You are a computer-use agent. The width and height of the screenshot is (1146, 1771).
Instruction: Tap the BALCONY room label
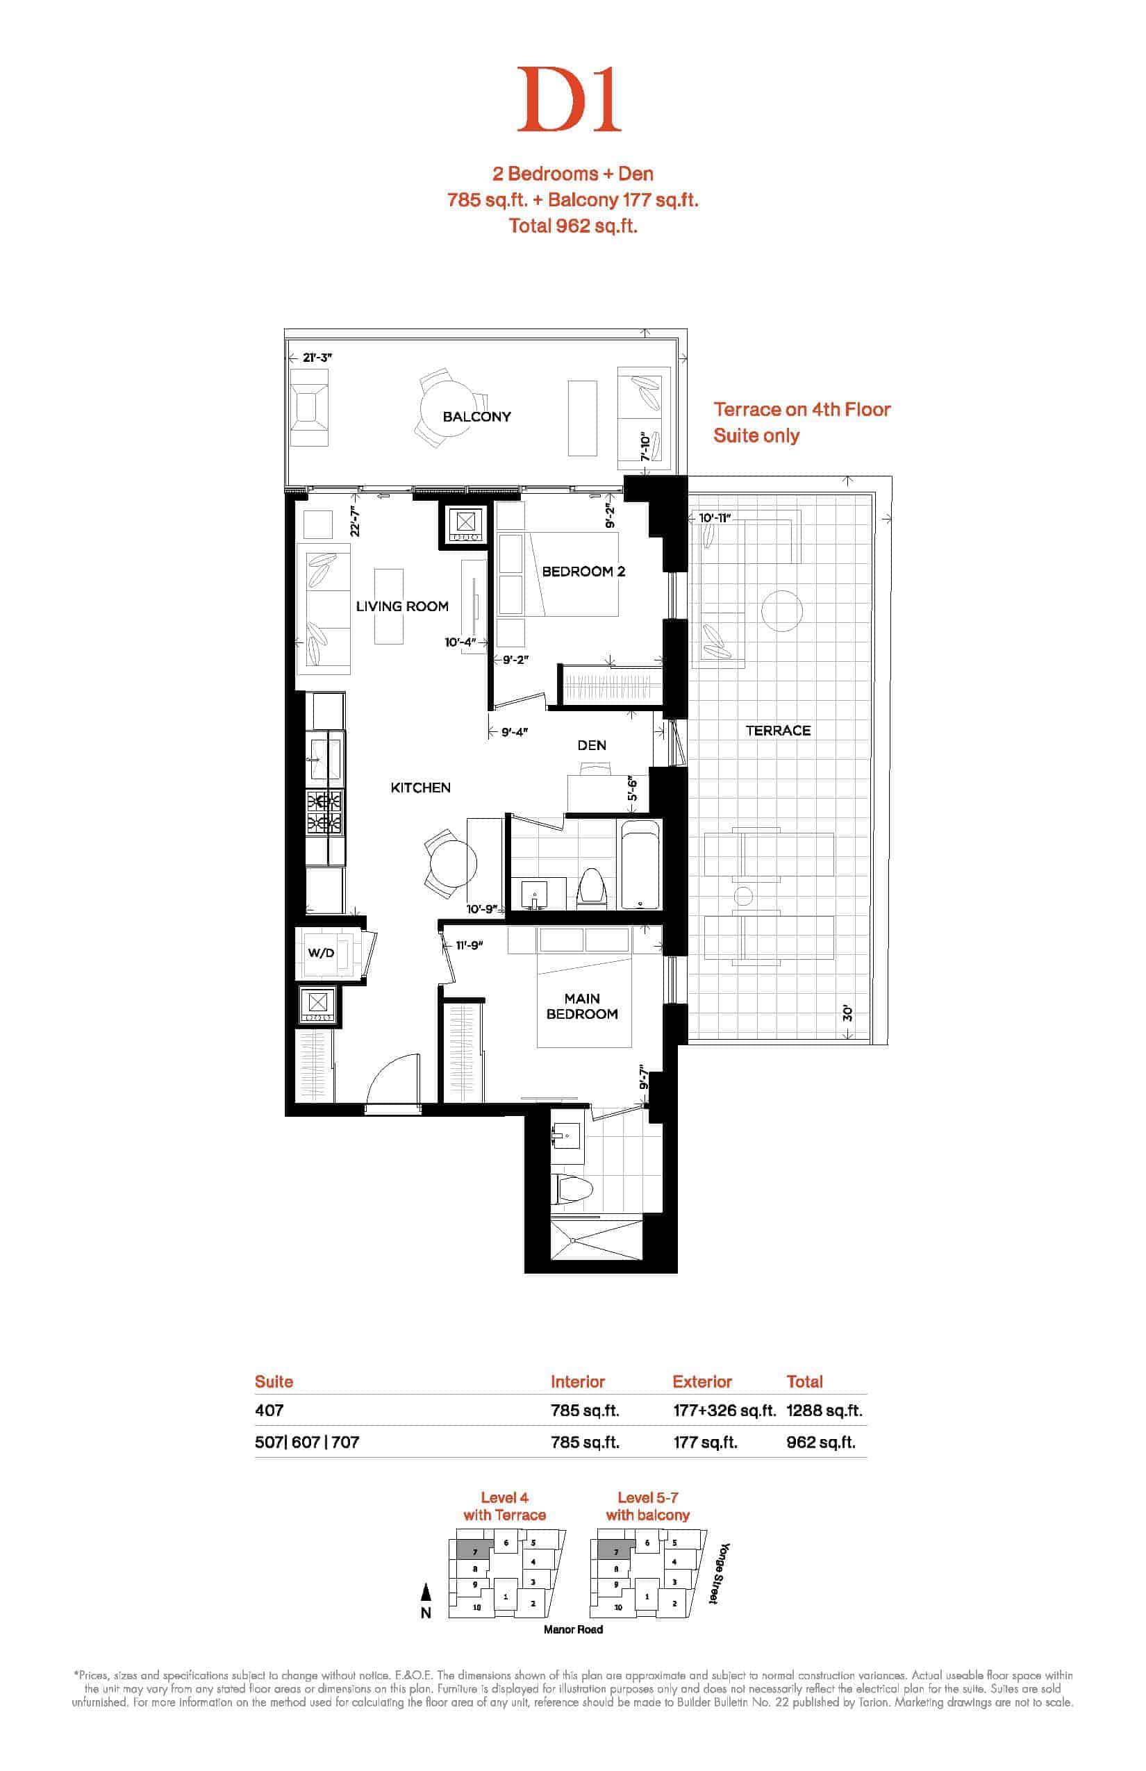click(476, 417)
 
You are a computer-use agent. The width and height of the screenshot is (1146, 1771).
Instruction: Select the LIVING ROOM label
click(402, 606)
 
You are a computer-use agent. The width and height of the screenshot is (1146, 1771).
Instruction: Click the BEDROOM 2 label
click(583, 572)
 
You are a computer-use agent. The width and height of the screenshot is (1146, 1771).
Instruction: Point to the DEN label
click(592, 745)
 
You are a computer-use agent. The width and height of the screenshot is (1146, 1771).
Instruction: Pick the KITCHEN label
click(420, 788)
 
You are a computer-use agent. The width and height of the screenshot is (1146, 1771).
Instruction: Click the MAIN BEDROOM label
click(582, 1006)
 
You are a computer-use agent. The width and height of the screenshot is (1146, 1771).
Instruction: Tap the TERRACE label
click(779, 731)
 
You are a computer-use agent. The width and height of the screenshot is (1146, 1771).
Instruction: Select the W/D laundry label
click(321, 952)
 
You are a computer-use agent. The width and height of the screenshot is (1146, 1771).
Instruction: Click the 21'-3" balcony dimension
click(318, 357)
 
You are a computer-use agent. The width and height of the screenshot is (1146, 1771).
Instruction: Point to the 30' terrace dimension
click(847, 1013)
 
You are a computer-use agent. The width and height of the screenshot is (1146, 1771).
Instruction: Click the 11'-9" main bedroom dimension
click(470, 945)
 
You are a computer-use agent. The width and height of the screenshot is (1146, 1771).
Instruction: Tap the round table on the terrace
click(781, 610)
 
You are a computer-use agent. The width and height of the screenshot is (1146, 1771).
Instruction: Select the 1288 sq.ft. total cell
click(824, 1410)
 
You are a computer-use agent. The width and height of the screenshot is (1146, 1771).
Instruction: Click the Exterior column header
click(701, 1382)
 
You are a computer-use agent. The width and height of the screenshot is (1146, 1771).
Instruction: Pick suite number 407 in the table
click(269, 1410)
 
